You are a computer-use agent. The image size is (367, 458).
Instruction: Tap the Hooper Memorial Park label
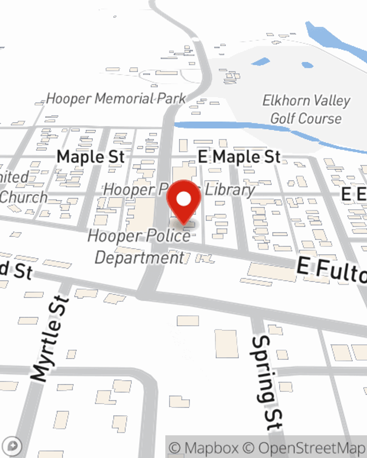[116, 99]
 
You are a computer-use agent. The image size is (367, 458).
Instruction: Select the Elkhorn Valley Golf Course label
[306, 109]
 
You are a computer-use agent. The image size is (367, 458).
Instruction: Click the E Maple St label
[239, 157]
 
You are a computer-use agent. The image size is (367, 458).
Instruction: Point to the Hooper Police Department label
[139, 247]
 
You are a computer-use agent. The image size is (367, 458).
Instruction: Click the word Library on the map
[230, 190]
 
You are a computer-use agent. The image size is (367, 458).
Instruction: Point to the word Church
[23, 197]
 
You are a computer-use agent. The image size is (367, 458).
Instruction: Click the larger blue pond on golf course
[261, 62]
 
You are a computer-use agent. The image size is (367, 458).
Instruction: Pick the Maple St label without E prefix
[91, 157]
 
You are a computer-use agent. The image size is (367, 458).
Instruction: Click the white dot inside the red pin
[184, 199]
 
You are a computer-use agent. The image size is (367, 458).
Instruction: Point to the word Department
[139, 258]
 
